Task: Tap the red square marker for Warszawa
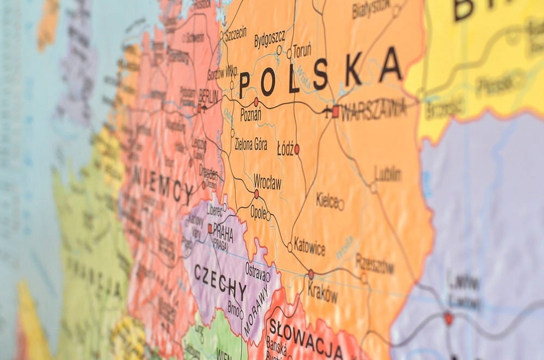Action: click(336, 111)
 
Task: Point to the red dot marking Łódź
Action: click(296, 148)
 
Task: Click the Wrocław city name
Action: click(268, 182)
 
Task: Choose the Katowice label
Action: click(310, 246)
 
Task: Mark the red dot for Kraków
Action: click(311, 274)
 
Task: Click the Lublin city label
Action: click(388, 174)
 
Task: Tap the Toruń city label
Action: click(302, 49)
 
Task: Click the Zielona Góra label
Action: click(251, 144)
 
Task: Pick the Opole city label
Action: click(258, 213)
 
